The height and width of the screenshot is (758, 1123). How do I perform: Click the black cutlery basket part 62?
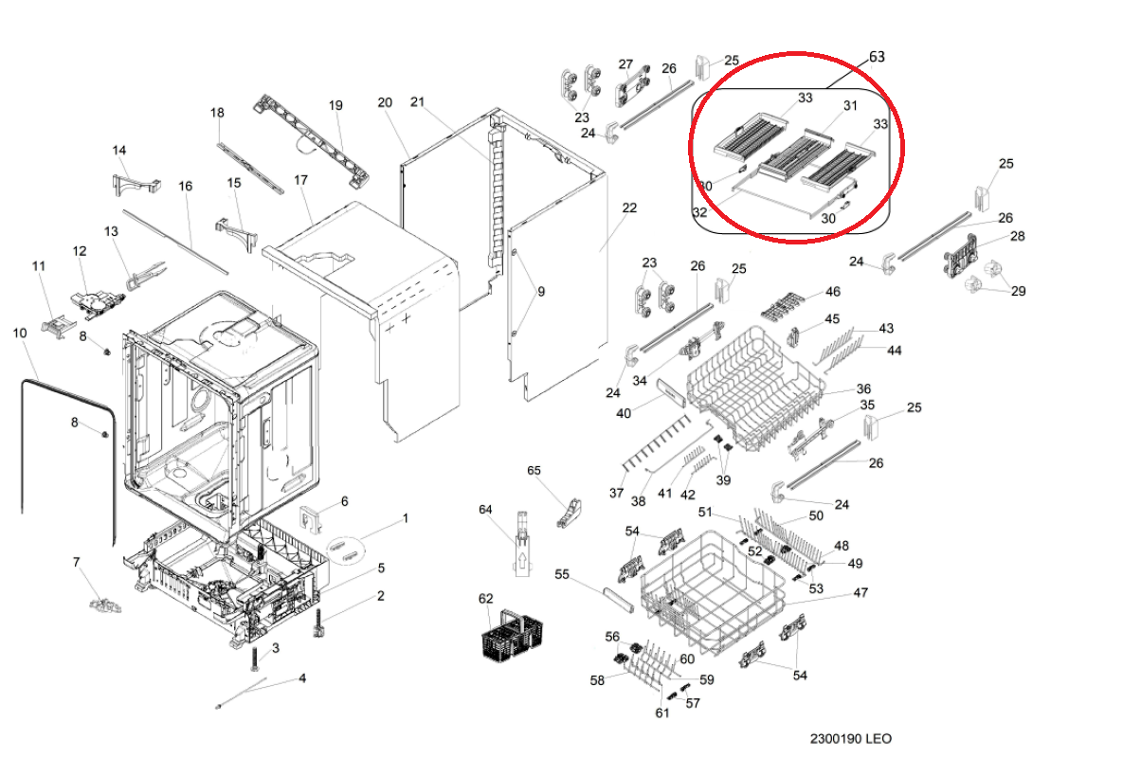pyautogui.click(x=512, y=636)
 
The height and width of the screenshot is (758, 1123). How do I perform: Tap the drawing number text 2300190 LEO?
pyautogui.click(x=851, y=739)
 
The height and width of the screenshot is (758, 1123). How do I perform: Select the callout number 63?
pyautogui.click(x=877, y=57)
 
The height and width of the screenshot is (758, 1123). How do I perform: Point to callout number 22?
pyautogui.click(x=629, y=208)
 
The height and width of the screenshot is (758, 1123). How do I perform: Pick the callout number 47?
pyautogui.click(x=860, y=592)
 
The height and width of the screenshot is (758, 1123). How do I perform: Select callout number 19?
pyautogui.click(x=335, y=105)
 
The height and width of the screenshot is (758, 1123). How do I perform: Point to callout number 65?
pyautogui.click(x=534, y=470)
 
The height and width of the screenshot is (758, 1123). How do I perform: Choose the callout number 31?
pyautogui.click(x=850, y=105)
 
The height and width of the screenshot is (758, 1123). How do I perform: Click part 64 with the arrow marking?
pyautogui.click(x=523, y=544)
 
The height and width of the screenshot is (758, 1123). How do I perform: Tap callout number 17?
pyautogui.click(x=300, y=180)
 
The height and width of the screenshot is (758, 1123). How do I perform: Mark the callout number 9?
pyautogui.click(x=541, y=291)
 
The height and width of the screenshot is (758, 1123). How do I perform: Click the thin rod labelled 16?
pyautogui.click(x=175, y=242)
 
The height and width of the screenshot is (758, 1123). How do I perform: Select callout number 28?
pyautogui.click(x=1017, y=236)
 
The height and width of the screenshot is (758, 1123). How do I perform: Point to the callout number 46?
pyautogui.click(x=832, y=291)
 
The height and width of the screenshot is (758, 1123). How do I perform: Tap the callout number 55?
pyautogui.click(x=561, y=574)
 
